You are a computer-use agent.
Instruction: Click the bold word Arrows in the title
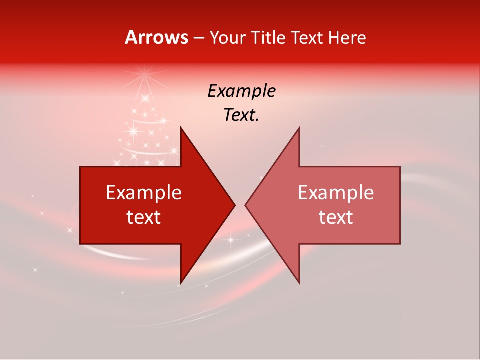(x=156, y=37)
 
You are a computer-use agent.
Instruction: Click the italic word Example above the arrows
(x=241, y=91)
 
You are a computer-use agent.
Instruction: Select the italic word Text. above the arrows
(x=241, y=115)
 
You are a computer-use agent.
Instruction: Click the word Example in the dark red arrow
(x=144, y=192)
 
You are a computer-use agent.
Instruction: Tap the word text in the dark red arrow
(x=144, y=217)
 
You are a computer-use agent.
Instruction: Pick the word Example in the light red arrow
(x=336, y=192)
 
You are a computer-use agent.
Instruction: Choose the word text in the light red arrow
(x=336, y=217)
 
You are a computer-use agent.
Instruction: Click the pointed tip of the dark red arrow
(x=235, y=205)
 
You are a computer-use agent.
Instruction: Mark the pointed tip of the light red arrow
(x=245, y=205)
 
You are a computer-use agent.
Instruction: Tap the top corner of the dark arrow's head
(x=181, y=128)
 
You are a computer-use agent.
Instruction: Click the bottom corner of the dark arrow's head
(x=181, y=283)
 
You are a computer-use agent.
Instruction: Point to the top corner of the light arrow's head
(x=299, y=128)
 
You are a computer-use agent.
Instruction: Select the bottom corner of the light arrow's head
(x=299, y=283)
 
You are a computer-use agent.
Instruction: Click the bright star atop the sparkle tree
(x=146, y=78)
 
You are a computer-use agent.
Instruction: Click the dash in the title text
(x=199, y=38)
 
